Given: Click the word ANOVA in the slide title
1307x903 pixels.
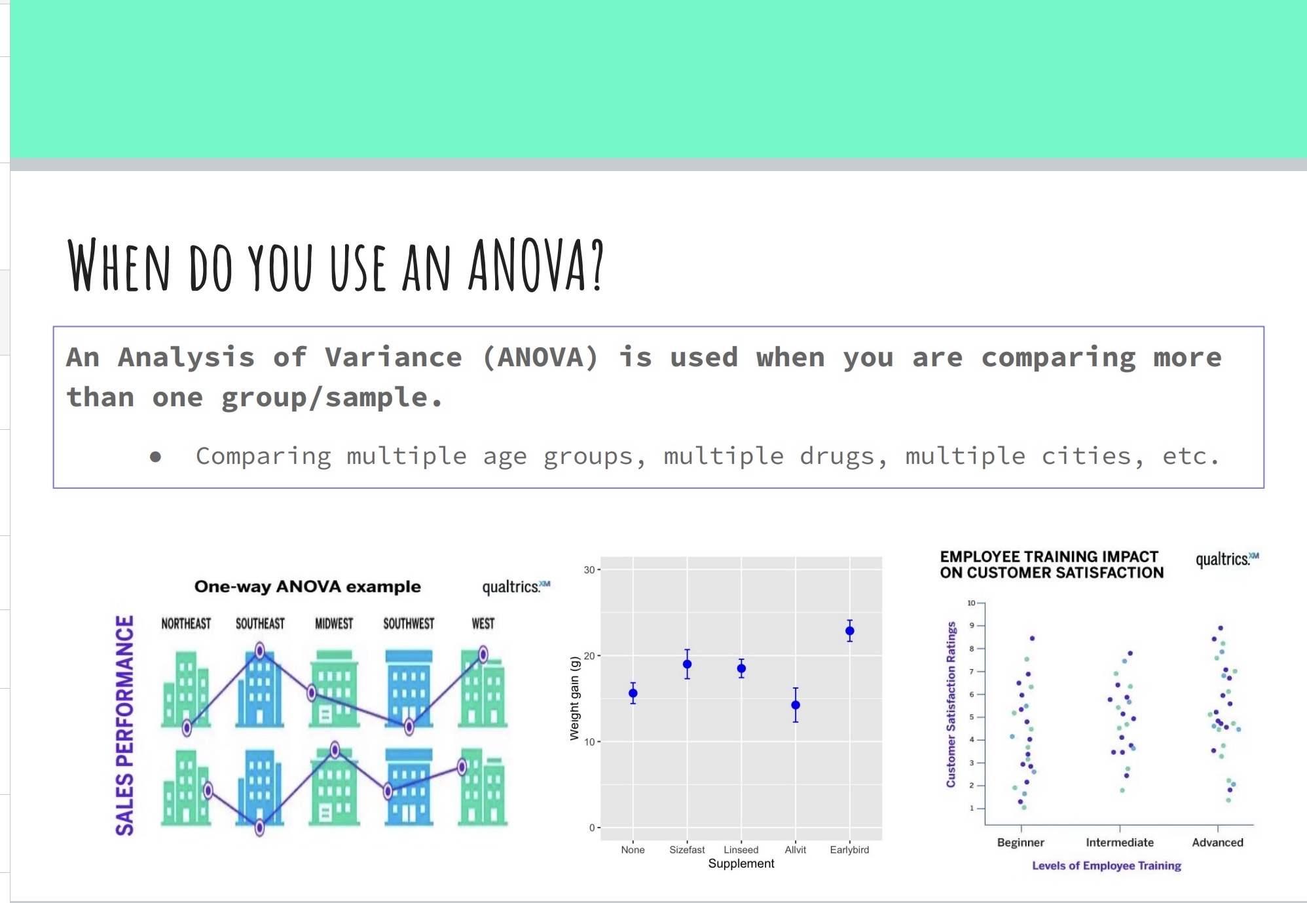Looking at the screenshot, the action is pyautogui.click(x=535, y=265).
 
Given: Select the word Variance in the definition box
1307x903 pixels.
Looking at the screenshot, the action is pyautogui.click(x=394, y=357).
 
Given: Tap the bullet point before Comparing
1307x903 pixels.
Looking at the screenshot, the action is pyautogui.click(x=155, y=457).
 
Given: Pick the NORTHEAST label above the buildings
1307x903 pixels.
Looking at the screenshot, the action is pyautogui.click(x=186, y=623).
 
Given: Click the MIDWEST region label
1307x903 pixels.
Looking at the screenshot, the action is pyautogui.click(x=334, y=623).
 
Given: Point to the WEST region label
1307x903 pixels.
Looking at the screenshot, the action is pyautogui.click(x=483, y=623).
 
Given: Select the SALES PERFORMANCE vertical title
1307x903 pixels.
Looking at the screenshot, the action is pyautogui.click(x=124, y=725).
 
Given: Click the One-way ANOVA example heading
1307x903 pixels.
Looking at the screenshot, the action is pyautogui.click(x=308, y=586).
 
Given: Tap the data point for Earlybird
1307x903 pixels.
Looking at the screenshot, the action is pyautogui.click(x=850, y=632).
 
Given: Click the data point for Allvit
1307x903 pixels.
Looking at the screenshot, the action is pyautogui.click(x=796, y=705).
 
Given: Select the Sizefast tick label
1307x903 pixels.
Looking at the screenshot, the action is pyautogui.click(x=687, y=850).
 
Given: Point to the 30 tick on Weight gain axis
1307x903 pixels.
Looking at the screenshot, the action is pyautogui.click(x=589, y=570).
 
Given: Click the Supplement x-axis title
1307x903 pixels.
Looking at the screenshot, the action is pyautogui.click(x=741, y=864).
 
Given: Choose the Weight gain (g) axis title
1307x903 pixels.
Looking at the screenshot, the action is pyautogui.click(x=575, y=698).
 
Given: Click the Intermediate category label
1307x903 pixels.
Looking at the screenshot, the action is pyautogui.click(x=1120, y=843).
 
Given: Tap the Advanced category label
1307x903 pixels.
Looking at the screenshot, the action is pyautogui.click(x=1217, y=843).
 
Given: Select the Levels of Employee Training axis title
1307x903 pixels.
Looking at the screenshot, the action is pyautogui.click(x=1107, y=866).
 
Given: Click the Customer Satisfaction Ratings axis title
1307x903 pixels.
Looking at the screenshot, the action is pyautogui.click(x=951, y=704).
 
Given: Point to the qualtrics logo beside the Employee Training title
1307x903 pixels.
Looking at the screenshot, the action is pyautogui.click(x=1227, y=559).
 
